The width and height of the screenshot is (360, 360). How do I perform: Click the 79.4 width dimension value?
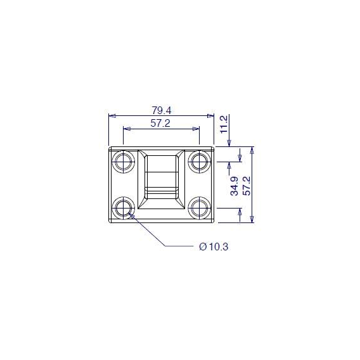pyautogui.click(x=162, y=111)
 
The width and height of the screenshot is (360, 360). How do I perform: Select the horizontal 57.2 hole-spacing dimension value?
pyautogui.click(x=160, y=124)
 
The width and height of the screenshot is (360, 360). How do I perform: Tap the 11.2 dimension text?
pyautogui.click(x=224, y=124)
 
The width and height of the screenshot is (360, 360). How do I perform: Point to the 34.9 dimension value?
pyautogui.click(x=235, y=186)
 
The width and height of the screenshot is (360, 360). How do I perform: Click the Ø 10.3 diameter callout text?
pyautogui.click(x=214, y=247)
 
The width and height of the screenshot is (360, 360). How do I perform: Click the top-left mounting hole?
pyautogui.click(x=124, y=162)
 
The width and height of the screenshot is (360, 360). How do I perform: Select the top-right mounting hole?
pyautogui.click(x=199, y=162)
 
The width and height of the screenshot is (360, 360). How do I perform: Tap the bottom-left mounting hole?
pyautogui.click(x=124, y=208)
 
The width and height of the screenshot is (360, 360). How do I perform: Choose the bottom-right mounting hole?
pyautogui.click(x=199, y=208)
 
